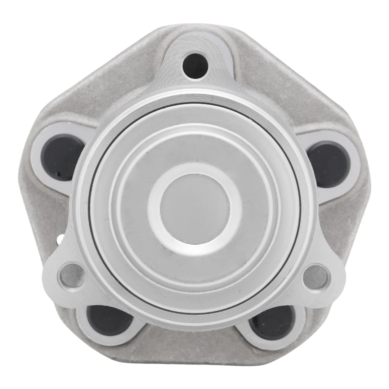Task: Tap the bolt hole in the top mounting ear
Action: [195, 65]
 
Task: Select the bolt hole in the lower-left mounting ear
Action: [71, 276]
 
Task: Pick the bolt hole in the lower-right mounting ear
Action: [316, 277]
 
